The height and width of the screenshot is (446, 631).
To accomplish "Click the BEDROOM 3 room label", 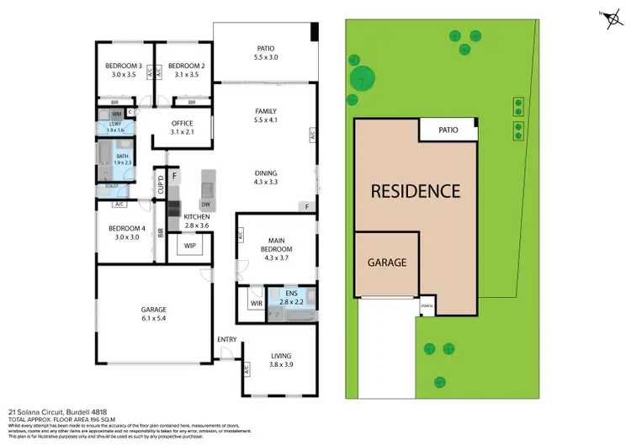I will pyautogui.click(x=123, y=65).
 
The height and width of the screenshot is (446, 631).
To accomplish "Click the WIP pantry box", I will pyautogui.click(x=189, y=246).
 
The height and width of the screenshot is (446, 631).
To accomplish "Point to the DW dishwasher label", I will pyautogui.click(x=205, y=204).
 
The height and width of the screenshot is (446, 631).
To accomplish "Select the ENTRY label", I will pyautogui.click(x=227, y=339).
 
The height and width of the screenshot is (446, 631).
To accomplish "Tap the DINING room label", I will pyautogui.click(x=266, y=174).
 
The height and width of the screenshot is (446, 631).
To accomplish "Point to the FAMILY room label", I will pyautogui.click(x=266, y=111).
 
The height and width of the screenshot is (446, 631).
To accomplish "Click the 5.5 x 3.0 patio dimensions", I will pyautogui.click(x=266, y=57).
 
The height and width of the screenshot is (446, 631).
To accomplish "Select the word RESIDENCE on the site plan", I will pyautogui.click(x=416, y=191).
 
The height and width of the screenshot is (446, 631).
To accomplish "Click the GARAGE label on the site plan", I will pyautogui.click(x=387, y=263).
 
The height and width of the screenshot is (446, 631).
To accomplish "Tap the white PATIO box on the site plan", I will pyautogui.click(x=448, y=130).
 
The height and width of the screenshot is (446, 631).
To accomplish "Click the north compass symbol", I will pyautogui.click(x=608, y=17).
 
